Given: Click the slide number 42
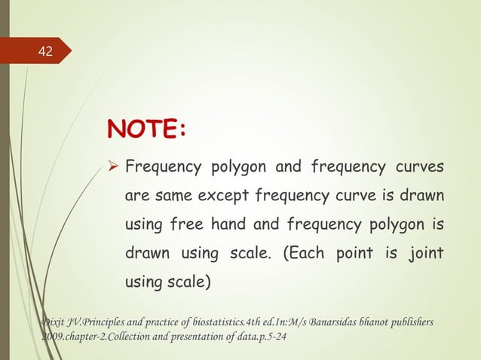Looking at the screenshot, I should click(x=46, y=51).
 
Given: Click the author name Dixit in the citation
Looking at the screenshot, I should click(x=54, y=322).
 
